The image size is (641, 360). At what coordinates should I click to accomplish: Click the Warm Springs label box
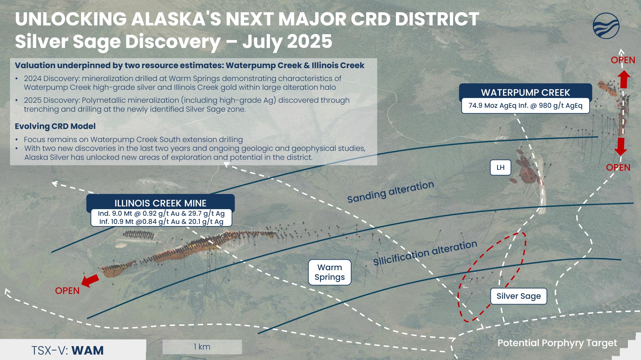point(329,272)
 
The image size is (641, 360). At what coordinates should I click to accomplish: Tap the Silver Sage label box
point(518,296)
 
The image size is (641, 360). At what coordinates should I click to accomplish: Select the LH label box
point(500,167)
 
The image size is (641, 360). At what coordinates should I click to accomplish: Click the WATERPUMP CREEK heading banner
point(525,92)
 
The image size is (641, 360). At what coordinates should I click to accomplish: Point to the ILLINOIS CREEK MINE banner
point(160,203)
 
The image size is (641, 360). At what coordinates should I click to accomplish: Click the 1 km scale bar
point(202,347)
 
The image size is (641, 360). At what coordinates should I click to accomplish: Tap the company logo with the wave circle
point(606,26)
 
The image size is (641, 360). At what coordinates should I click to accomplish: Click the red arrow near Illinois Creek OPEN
point(90,280)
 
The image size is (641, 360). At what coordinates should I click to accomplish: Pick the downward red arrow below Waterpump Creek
point(621,146)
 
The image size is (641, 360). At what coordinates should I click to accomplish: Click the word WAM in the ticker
point(87,351)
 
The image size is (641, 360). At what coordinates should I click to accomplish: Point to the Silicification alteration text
point(425,253)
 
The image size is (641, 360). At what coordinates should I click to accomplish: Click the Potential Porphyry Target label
point(557,343)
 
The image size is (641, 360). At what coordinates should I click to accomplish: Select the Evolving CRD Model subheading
point(55,126)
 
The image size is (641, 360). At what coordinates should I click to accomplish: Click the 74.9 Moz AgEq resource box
point(525,106)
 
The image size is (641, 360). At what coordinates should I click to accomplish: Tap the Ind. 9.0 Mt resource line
point(161,214)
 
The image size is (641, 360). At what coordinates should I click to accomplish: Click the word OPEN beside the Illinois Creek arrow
point(67,291)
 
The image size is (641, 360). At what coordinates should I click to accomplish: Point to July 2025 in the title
point(287,41)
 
